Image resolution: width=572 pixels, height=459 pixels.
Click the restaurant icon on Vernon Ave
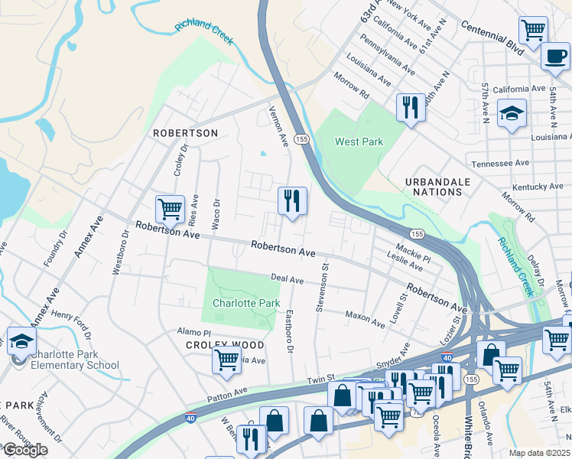coord(292,201)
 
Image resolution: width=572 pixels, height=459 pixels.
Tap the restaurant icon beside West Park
coord(411,107)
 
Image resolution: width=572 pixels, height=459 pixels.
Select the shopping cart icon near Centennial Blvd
coord(533,31)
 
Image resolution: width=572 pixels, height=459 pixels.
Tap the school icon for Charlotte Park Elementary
coord(21,341)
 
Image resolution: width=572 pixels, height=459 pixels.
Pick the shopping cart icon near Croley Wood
coord(227,360)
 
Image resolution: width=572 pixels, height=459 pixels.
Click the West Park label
coord(359,142)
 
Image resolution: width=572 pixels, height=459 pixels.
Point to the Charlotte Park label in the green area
coord(245,303)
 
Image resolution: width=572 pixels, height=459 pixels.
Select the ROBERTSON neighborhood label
coord(185,133)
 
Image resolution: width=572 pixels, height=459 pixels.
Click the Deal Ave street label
coord(288,280)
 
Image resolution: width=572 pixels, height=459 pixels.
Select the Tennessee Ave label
coord(500,163)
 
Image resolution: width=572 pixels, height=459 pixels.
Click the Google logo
coord(24,450)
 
